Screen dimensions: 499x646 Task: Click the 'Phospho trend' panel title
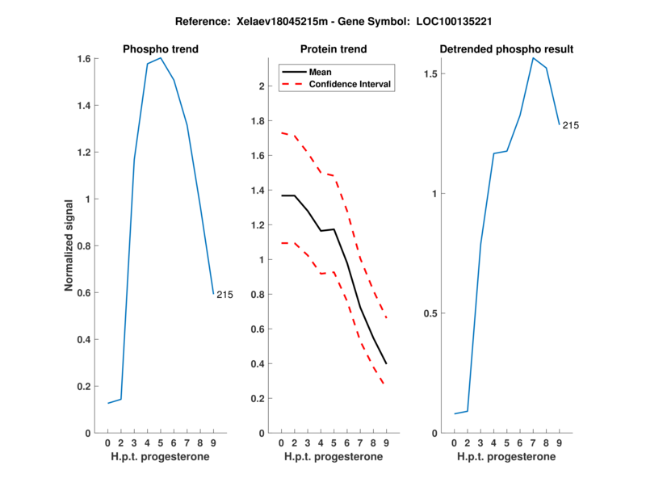click(x=160, y=49)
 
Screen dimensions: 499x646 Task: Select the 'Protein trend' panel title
click(x=333, y=49)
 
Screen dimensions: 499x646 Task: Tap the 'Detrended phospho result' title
click(x=506, y=49)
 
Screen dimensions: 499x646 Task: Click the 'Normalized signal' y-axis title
click(x=70, y=245)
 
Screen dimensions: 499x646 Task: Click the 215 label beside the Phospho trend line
click(x=224, y=295)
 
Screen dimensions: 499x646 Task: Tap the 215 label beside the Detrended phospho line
click(x=571, y=125)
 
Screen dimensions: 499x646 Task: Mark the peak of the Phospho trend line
click(x=161, y=58)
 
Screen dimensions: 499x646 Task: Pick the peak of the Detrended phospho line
click(x=533, y=57)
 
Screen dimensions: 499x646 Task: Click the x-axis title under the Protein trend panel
click(x=333, y=457)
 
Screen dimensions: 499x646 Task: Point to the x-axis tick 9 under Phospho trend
click(x=213, y=442)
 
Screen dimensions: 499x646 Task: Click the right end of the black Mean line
click(x=386, y=363)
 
